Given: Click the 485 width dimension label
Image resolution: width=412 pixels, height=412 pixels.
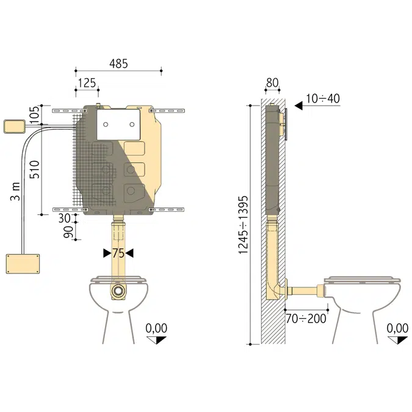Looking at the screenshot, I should (x=118, y=63).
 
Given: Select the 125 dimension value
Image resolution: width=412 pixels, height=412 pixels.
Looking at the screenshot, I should (x=86, y=83).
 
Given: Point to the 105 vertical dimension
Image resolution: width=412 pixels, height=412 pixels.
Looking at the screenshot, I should (x=34, y=113).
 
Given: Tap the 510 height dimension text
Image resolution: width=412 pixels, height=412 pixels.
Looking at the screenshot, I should (x=35, y=170).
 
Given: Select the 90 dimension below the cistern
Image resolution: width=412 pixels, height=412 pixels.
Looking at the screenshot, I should (x=68, y=233).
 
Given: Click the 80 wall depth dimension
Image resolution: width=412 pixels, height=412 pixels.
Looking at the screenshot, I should (x=273, y=83).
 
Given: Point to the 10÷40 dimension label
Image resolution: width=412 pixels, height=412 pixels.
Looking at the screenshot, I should (x=323, y=98).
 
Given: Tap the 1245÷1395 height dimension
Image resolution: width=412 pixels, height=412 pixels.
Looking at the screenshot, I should (x=243, y=225).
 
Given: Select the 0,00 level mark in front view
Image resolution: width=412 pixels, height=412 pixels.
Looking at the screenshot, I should (x=156, y=328).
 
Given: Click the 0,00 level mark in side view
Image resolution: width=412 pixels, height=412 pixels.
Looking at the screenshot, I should (x=397, y=328).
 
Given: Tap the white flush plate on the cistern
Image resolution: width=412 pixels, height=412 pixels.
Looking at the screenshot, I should (x=118, y=124).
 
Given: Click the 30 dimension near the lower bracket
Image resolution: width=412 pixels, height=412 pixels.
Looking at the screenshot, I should (x=63, y=218).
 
